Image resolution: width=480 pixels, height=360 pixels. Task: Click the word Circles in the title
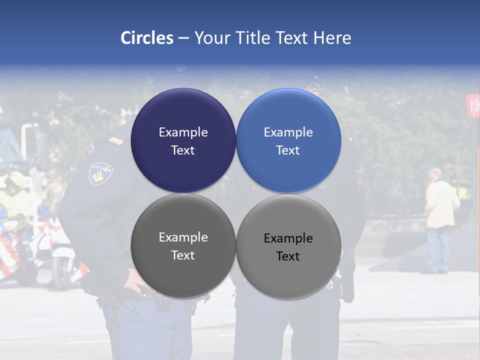click(x=147, y=38)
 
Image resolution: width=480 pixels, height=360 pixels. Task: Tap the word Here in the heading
click(x=332, y=38)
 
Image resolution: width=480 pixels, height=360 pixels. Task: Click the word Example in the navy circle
click(x=183, y=132)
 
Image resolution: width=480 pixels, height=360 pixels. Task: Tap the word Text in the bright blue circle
click(x=288, y=150)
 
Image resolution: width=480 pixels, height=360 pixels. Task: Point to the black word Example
click(x=288, y=238)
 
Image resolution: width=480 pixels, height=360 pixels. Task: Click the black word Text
click(x=288, y=256)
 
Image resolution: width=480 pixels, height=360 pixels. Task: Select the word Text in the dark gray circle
click(x=183, y=255)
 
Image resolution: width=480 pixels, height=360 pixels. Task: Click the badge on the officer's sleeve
click(x=100, y=173)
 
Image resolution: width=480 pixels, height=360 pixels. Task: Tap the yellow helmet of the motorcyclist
click(x=15, y=179)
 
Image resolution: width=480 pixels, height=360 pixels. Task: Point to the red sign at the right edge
click(x=472, y=105)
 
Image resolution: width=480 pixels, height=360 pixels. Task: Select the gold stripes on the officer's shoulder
click(x=116, y=141)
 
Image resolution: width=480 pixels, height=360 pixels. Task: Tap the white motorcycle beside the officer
click(x=55, y=250)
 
